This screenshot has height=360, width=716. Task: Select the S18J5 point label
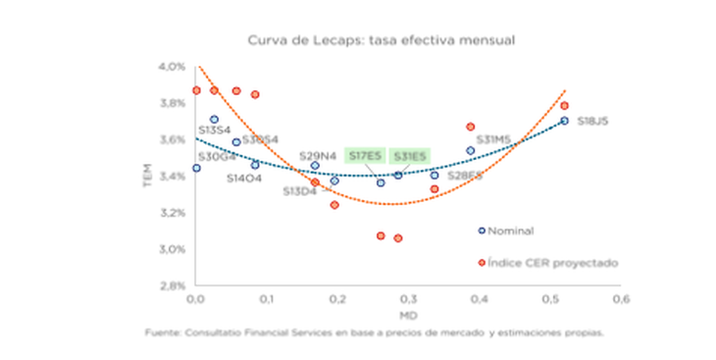tap(592, 121)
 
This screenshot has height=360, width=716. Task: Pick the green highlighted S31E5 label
tap(410, 156)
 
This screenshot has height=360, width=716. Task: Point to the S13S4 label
tap(215, 129)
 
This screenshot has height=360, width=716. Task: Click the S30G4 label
tap(216, 156)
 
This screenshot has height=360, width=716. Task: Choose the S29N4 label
tap(318, 156)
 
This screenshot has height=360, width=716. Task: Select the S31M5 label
tap(494, 139)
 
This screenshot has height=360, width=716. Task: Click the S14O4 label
tap(243, 179)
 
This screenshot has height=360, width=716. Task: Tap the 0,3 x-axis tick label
tap(407, 297)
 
